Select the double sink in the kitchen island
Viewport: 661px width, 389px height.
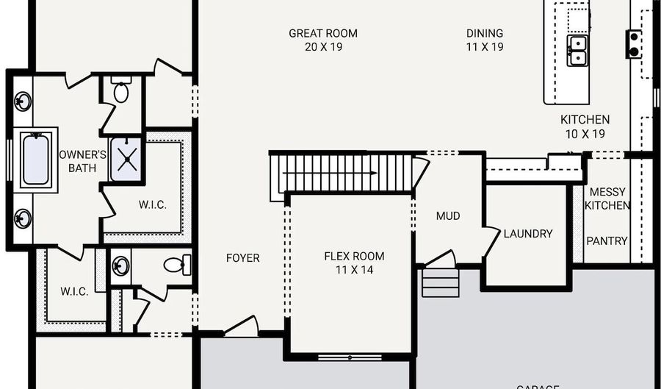[577, 50]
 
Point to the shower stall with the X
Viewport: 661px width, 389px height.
[126, 158]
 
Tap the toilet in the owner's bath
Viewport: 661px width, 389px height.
[121, 91]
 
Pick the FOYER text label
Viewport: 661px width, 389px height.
[242, 258]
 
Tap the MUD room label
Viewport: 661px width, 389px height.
[448, 216]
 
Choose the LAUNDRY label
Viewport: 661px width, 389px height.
[527, 234]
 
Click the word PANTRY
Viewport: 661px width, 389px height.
[607, 240]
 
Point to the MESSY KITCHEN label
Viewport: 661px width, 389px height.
[607, 199]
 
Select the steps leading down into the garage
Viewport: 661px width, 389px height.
[441, 282]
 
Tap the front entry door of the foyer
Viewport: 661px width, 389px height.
[242, 327]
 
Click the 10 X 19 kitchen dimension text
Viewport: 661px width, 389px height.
[585, 134]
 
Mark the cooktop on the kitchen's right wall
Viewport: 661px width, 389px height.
[633, 44]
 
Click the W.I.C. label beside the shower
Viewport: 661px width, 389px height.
[152, 204]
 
